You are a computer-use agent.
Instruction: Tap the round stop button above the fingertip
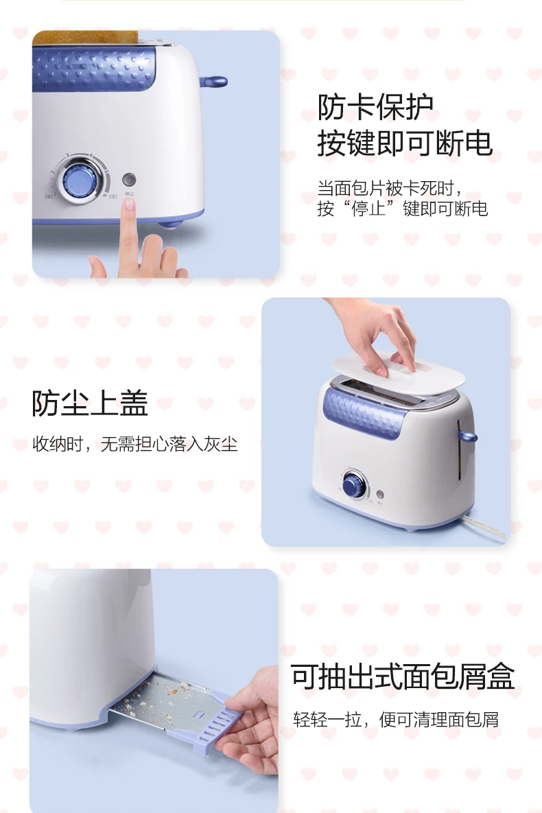[128, 179]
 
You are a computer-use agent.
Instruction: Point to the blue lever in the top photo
[213, 82]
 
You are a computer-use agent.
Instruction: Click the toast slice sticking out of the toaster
[85, 37]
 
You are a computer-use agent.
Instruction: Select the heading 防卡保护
[375, 107]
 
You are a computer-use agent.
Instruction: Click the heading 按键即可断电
[405, 143]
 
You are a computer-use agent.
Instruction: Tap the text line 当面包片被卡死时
[386, 188]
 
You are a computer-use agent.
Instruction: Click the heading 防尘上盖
[90, 403]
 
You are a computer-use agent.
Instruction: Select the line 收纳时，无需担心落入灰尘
[135, 444]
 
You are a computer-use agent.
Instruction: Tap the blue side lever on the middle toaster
[467, 435]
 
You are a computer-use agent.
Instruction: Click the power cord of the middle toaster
[484, 526]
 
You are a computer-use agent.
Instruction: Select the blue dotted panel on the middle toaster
[362, 413]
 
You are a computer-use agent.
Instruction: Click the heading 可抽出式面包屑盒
[403, 676]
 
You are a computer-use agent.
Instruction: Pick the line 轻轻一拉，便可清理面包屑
[396, 720]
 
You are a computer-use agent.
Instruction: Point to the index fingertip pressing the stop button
[128, 205]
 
